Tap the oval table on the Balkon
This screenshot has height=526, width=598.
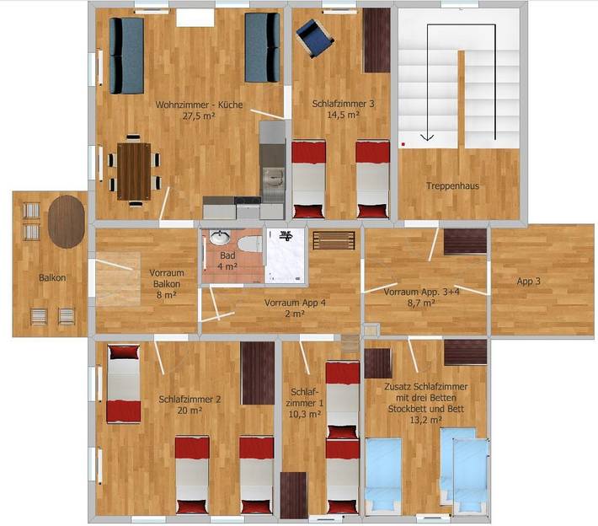[x=67, y=221]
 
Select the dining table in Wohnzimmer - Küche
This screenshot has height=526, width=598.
[x=132, y=171]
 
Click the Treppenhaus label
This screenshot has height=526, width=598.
[x=452, y=185]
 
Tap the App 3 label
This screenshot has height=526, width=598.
[x=529, y=282]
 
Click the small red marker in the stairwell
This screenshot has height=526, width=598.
[x=403, y=144]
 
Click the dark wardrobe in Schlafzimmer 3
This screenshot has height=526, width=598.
[x=376, y=40]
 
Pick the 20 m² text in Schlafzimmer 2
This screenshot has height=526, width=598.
[x=190, y=411]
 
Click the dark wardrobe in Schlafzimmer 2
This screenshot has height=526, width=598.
[x=257, y=373]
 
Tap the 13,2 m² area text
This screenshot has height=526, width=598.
[x=425, y=419]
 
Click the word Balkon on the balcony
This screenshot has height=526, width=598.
[x=52, y=277]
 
